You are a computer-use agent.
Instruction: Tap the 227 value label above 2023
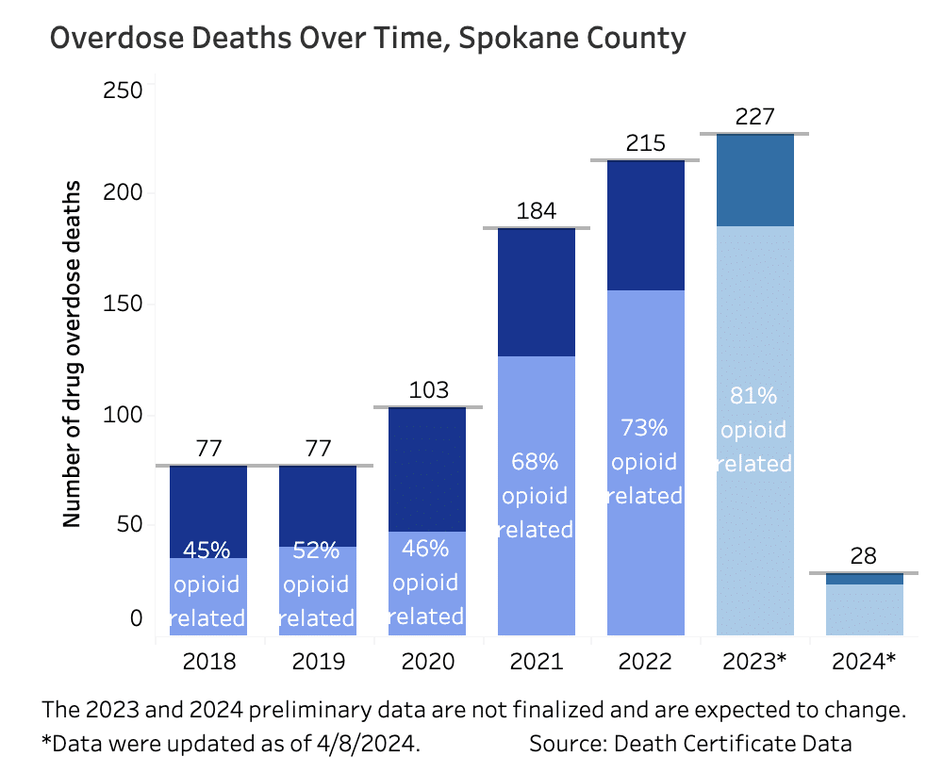tap(754, 117)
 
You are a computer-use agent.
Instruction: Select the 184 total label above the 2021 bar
tap(536, 211)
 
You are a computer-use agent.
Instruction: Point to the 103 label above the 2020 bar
tap(427, 390)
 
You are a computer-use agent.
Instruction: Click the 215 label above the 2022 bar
tap(645, 143)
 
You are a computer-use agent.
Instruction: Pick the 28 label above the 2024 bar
tap(864, 555)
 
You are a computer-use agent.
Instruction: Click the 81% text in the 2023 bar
tap(754, 396)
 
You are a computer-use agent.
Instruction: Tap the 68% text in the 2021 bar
tap(536, 462)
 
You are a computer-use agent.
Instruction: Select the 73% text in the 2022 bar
tap(645, 428)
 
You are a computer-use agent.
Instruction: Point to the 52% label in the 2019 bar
tap(318, 551)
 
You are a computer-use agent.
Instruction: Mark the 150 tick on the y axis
tap(123, 304)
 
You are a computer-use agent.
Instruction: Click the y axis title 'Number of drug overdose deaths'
tap(72, 354)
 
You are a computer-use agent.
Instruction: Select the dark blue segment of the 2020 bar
tap(427, 469)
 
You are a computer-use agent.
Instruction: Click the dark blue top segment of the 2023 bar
tap(754, 180)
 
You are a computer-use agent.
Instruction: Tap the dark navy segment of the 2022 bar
tap(645, 225)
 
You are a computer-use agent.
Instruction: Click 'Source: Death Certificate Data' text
tap(690, 743)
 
